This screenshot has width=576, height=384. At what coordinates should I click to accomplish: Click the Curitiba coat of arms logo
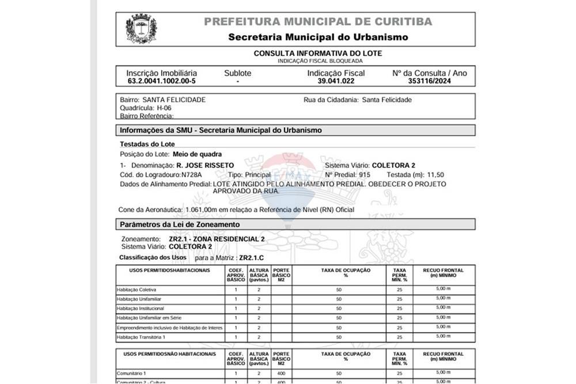click(141, 29)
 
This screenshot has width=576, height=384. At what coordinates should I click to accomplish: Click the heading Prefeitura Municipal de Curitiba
click(318, 22)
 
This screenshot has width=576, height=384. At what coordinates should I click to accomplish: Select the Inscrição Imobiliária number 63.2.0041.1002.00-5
click(161, 81)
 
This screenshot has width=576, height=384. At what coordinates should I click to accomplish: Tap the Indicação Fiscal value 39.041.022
click(335, 81)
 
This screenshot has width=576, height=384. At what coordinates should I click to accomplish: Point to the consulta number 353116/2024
click(429, 81)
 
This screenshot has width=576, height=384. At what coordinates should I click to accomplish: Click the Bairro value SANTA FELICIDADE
click(174, 100)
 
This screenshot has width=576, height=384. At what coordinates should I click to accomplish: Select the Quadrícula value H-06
click(164, 108)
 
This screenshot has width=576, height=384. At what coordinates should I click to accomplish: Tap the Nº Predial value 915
click(364, 174)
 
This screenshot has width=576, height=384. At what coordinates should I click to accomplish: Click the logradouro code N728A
click(191, 174)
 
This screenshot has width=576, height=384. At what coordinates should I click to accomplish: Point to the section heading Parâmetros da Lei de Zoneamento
click(179, 224)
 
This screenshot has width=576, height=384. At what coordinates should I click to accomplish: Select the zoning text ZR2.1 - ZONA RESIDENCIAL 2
click(217, 238)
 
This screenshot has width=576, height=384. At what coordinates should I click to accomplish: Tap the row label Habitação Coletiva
click(137, 290)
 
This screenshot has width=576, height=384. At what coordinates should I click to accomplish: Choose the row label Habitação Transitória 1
click(141, 337)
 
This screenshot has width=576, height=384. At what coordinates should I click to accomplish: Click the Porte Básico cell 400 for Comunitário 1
click(281, 373)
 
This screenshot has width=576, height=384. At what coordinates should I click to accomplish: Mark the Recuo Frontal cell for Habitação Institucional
click(443, 308)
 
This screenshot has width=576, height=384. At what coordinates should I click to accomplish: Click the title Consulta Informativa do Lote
click(318, 54)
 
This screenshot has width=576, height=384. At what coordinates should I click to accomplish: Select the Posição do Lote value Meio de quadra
click(197, 154)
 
